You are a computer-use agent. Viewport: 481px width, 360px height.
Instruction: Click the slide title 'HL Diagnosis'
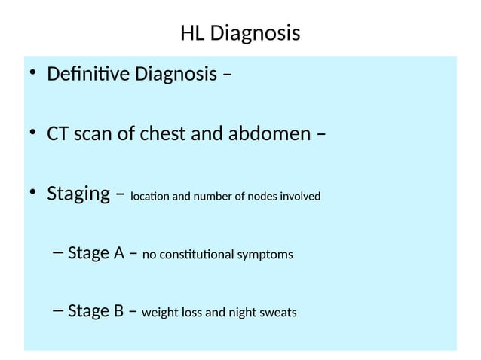coord(240,34)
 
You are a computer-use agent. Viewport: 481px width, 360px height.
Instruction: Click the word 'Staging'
coord(78,194)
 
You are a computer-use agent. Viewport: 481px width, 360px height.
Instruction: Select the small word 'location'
coord(149,197)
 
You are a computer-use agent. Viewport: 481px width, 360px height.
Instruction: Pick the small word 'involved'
coord(301,197)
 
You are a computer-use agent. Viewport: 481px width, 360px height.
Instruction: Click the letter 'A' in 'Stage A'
coord(118,252)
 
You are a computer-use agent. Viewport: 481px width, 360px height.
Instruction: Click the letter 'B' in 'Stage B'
coord(118,310)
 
